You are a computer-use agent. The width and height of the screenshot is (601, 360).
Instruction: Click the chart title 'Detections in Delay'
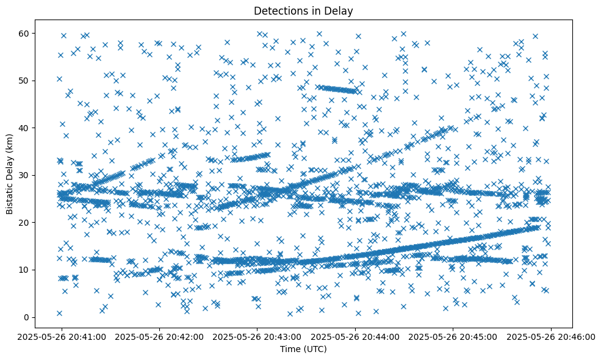[303, 11]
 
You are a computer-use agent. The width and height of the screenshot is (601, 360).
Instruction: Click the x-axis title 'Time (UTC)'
[303, 349]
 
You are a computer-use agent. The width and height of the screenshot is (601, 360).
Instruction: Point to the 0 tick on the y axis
[27, 317]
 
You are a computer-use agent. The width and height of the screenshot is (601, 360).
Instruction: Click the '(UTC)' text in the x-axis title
[315, 349]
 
